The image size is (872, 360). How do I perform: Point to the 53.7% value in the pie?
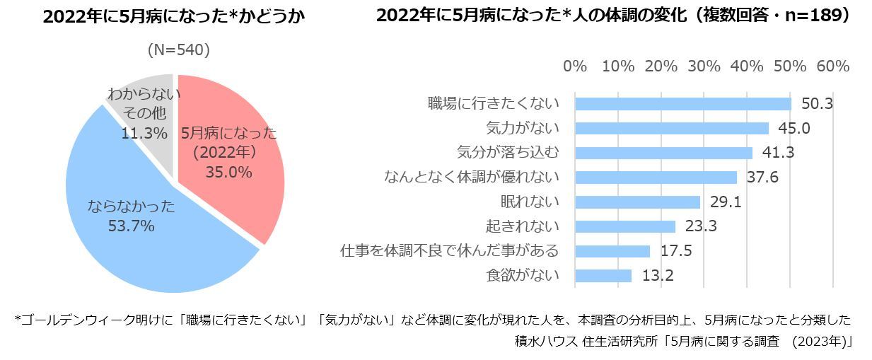tap(131, 226)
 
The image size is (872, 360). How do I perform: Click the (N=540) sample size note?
tap(178, 50)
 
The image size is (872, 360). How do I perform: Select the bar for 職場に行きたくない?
tap(682, 104)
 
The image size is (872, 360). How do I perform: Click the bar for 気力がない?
tap(671, 128)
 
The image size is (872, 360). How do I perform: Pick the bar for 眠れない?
tap(637, 202)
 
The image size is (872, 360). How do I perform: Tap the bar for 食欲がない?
tap(603, 275)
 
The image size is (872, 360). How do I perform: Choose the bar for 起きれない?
tap(625, 226)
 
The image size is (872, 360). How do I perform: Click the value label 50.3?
tap(817, 104)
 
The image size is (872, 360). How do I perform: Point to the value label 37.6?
tap(762, 178)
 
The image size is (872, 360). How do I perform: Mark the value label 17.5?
tap(676, 251)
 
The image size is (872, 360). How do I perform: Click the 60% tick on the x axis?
tap(832, 66)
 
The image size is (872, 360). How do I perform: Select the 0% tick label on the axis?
tap(575, 66)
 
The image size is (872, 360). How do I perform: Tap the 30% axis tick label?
tap(704, 66)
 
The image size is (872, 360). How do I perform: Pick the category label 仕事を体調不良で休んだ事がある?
tap(450, 250)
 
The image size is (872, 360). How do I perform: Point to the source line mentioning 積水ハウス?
tap(685, 341)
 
